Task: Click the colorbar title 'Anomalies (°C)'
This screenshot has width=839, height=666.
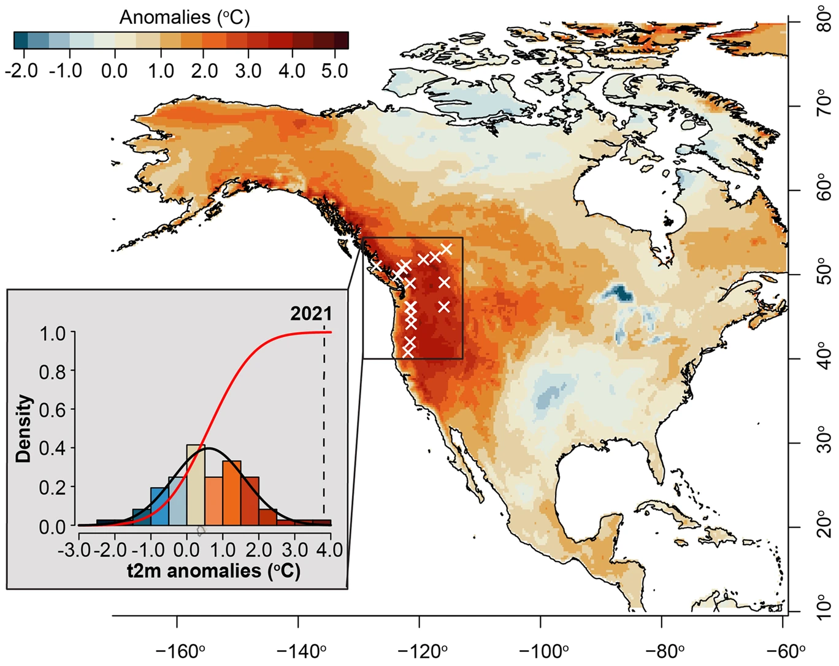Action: (185, 17)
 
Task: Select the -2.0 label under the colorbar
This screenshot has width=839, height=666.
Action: (21, 70)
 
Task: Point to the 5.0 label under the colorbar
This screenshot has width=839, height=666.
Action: (334, 70)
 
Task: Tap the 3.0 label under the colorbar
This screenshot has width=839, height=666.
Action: (248, 70)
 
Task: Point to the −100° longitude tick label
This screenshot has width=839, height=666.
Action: (540, 650)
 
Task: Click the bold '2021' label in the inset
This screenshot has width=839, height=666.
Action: (311, 314)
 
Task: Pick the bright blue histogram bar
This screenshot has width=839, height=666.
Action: (159, 507)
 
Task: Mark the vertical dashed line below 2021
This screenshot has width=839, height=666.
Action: (324, 429)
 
